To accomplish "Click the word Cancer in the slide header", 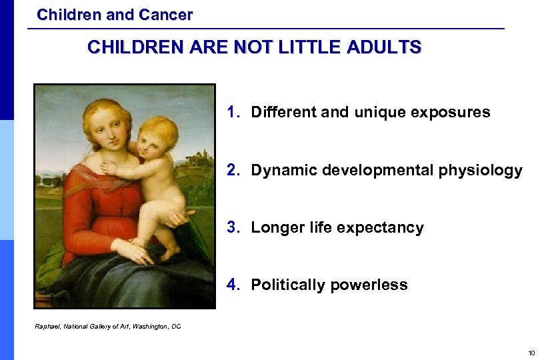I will point(166,14).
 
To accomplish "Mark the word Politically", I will point(289,285).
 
